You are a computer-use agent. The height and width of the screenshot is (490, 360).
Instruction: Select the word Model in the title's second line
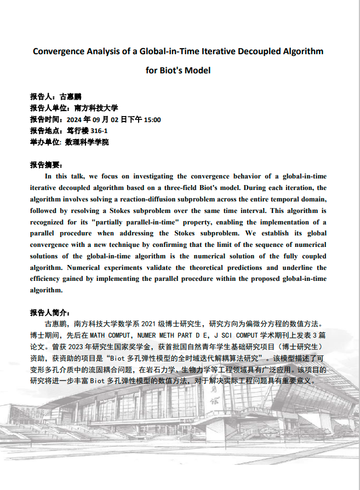(198, 70)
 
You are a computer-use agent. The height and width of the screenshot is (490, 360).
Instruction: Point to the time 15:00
(152, 119)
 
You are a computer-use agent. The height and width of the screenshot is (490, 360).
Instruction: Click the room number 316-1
(99, 131)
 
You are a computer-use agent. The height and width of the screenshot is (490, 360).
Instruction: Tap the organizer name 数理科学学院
(87, 142)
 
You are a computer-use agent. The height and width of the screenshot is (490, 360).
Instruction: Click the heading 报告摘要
(46, 165)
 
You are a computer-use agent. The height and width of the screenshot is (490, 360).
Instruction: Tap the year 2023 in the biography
(82, 347)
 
